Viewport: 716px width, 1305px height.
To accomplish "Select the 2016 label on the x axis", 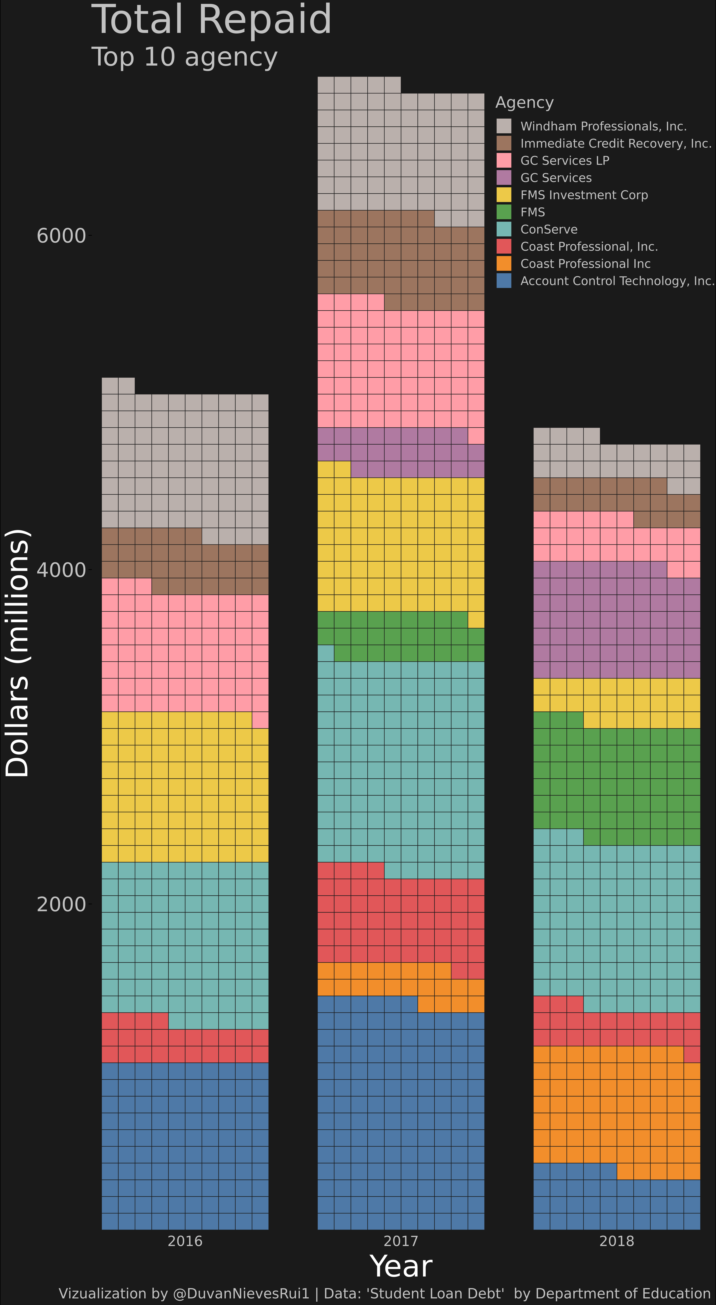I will [x=185, y=1241].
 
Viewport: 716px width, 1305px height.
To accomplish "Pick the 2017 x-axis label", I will [x=401, y=1241].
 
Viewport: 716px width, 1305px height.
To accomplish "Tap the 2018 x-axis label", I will [x=617, y=1241].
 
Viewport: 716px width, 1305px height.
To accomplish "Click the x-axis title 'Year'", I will [x=401, y=1266].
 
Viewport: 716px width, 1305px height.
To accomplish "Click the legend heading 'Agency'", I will [x=524, y=102].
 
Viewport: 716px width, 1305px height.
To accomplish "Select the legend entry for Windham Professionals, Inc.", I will [x=603, y=126].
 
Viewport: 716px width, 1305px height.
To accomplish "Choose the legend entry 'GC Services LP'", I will [x=564, y=161].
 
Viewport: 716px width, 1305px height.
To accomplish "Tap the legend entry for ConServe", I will [x=549, y=230].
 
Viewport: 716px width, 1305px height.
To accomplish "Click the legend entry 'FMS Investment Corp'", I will [x=584, y=195].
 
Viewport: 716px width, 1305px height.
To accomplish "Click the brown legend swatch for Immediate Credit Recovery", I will [x=504, y=143].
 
